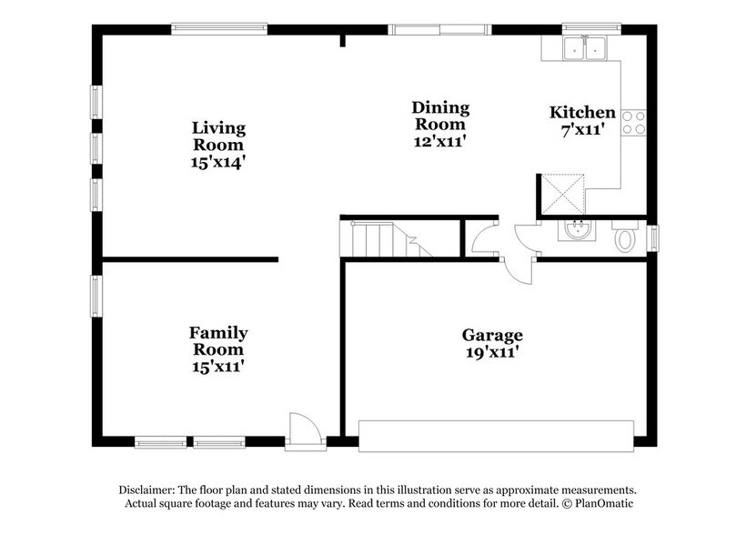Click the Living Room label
[x=217, y=136]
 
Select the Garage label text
[x=491, y=334]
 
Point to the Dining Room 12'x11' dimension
[x=439, y=141]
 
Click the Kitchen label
[x=582, y=113]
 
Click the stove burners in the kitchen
[x=632, y=121]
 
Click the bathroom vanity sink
[x=574, y=232]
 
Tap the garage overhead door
[x=496, y=436]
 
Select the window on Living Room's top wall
[x=219, y=29]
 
